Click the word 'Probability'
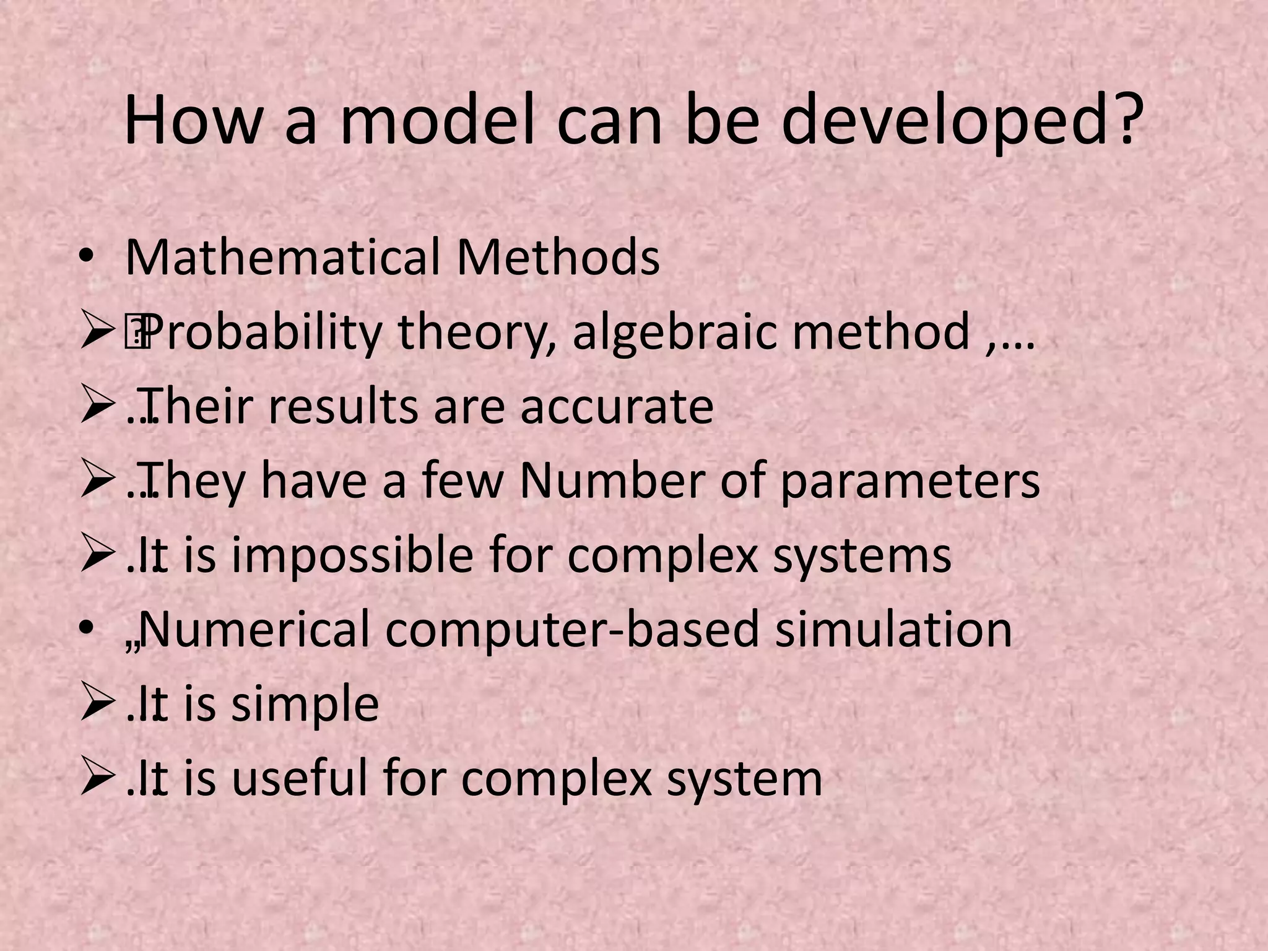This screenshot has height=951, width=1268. coord(263,333)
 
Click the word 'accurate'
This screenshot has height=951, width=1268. coord(617,407)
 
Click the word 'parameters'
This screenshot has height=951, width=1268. coord(910,482)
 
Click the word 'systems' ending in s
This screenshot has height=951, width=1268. coord(862,556)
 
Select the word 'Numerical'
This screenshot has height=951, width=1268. coord(254,630)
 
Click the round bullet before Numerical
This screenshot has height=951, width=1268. coord(86,630)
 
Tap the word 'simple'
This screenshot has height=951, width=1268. coord(305,705)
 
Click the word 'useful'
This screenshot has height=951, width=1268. coord(300,778)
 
